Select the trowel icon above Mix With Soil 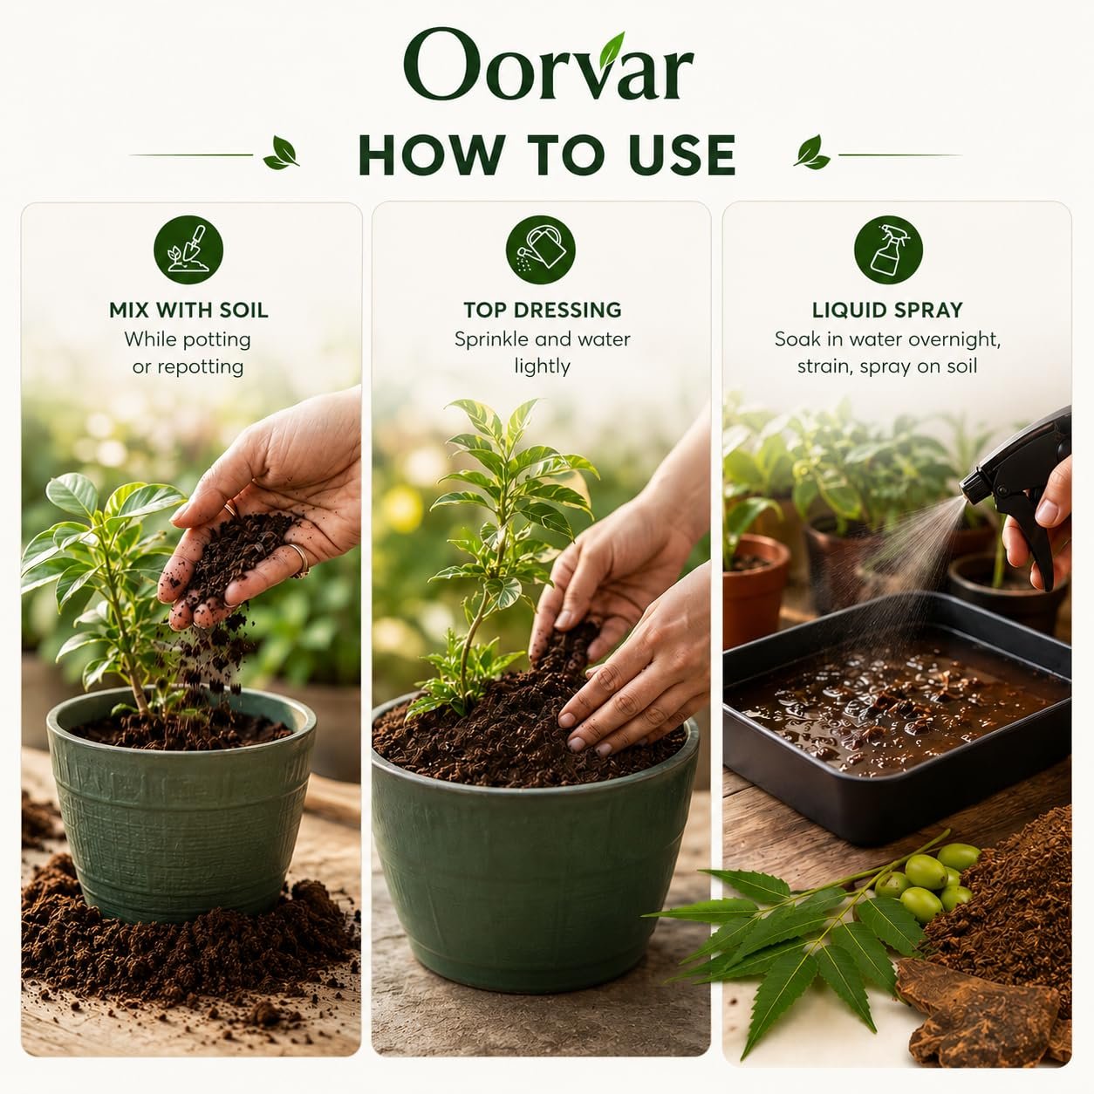(188, 250)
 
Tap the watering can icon (541, 250)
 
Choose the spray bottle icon (888, 250)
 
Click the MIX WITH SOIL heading (188, 311)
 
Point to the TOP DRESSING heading (542, 310)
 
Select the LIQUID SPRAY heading (887, 310)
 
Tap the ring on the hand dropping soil (300, 561)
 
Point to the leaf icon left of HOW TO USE (281, 154)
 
